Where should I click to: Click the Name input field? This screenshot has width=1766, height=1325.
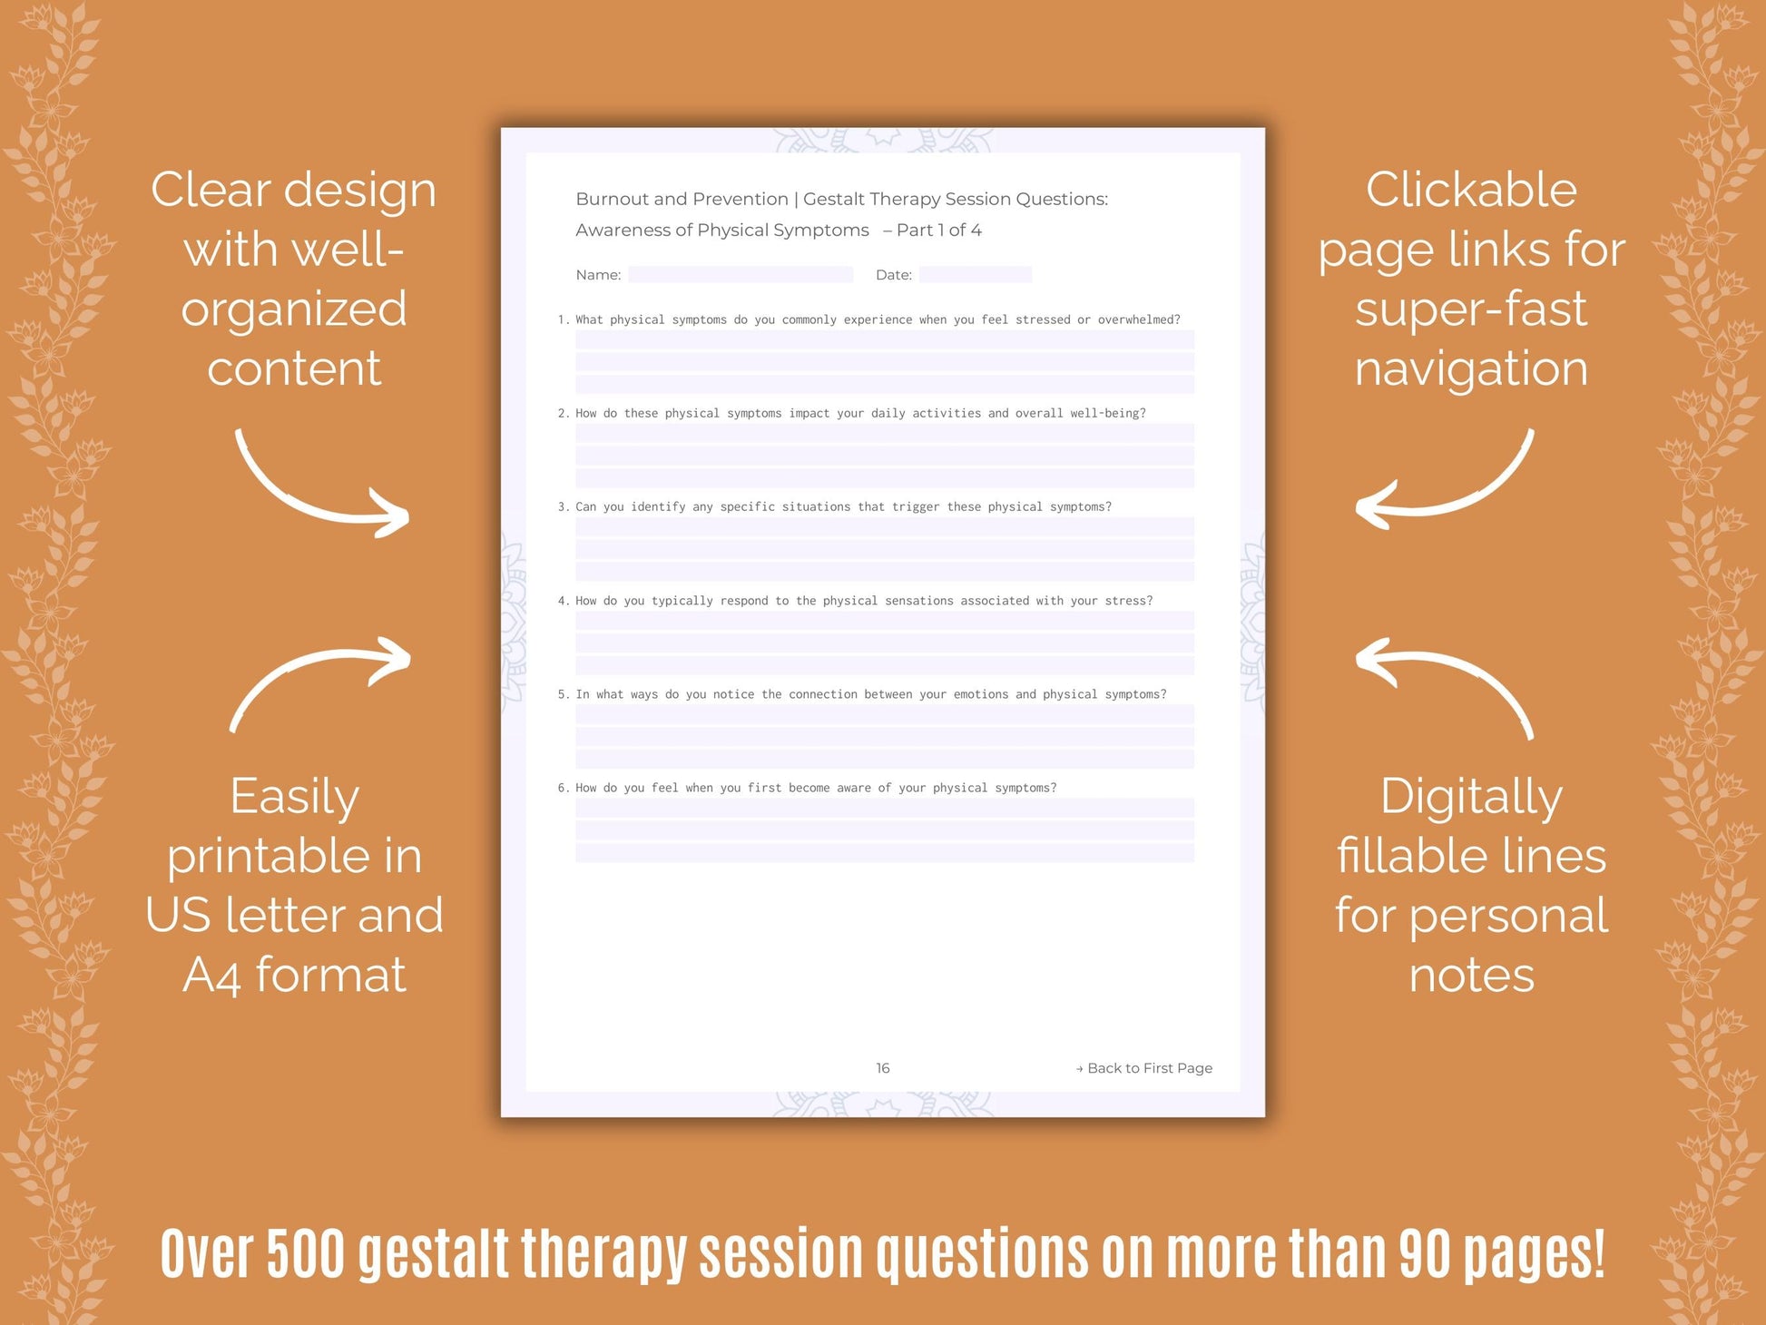[740, 274]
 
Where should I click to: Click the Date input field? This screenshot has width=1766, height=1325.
[975, 274]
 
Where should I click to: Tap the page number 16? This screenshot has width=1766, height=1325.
[882, 1068]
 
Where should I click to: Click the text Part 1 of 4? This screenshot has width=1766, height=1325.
[938, 231]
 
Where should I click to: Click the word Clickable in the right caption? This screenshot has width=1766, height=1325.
[1471, 190]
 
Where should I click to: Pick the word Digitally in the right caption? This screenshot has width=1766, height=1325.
[1471, 798]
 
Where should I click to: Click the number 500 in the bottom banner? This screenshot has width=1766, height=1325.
[306, 1254]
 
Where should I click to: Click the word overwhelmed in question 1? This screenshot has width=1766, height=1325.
[1135, 319]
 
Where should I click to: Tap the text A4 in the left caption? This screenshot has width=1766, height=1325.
[211, 976]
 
